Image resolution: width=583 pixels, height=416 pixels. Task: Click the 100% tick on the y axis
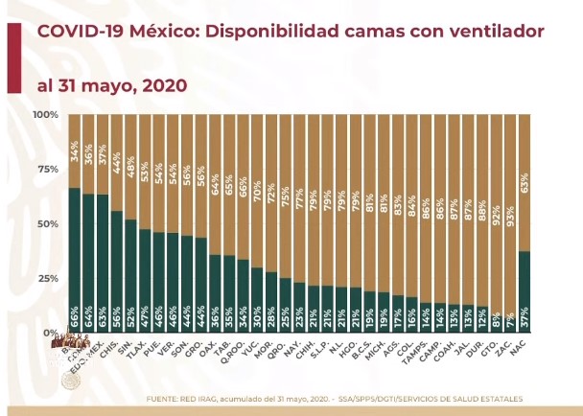46,115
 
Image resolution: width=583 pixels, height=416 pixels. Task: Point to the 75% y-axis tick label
48,170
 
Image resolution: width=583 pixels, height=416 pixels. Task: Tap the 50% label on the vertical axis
48,223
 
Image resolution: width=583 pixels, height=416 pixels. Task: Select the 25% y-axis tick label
48,278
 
